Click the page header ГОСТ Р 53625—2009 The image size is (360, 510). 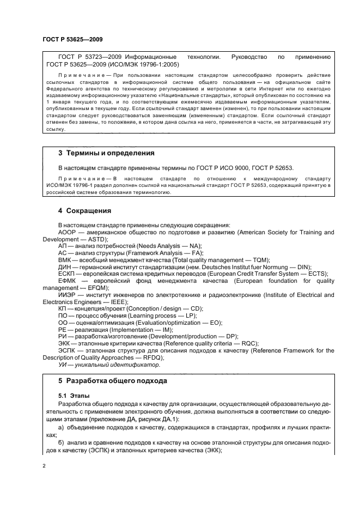[72, 40]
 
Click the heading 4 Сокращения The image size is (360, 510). [84, 210]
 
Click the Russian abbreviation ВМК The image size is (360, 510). [65, 260]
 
